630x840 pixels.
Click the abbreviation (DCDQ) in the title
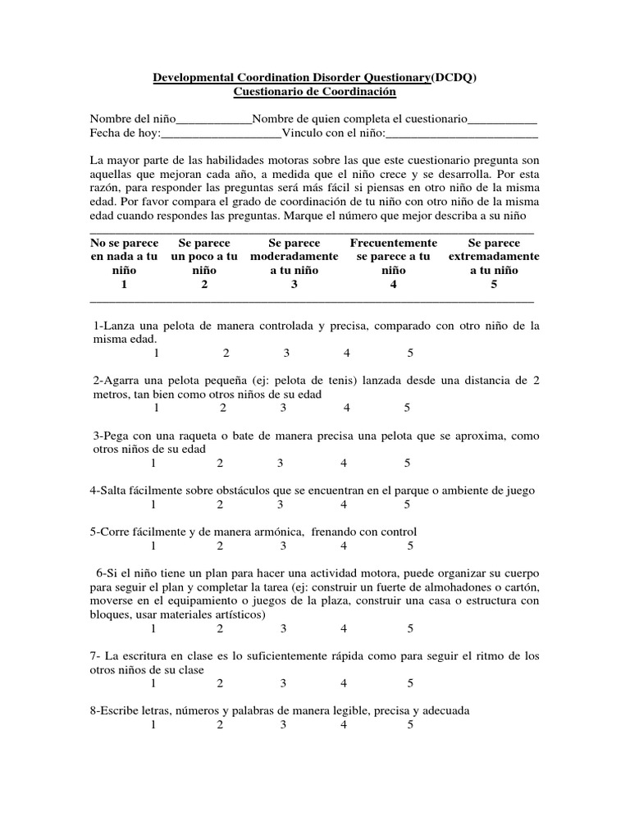454,78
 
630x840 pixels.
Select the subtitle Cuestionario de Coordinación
315,92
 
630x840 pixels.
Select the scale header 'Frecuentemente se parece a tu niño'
394,256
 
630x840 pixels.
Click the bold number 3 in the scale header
294,285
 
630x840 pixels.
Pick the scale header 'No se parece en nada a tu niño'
124,256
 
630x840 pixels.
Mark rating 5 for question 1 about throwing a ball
410,354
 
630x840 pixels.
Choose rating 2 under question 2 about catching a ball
222,408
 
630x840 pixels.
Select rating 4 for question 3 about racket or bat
346,463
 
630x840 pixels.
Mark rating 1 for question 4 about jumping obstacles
153,504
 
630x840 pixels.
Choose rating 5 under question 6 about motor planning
410,628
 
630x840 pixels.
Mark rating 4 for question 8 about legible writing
345,725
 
